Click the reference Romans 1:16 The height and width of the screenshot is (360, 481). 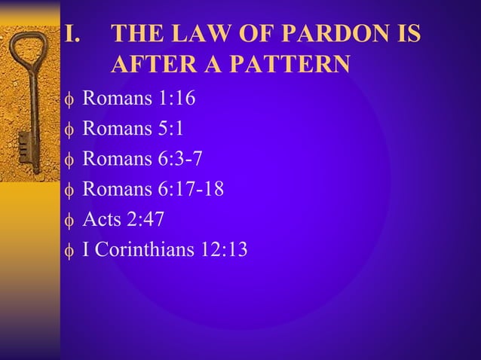[x=138, y=98]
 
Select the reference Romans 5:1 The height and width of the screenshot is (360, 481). [x=133, y=128]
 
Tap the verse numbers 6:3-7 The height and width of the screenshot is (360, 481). [x=176, y=159]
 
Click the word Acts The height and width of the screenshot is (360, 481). [x=100, y=220]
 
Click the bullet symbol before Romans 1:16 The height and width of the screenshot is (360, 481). [x=69, y=99]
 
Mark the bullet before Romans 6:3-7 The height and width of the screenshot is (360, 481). [x=69, y=160]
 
